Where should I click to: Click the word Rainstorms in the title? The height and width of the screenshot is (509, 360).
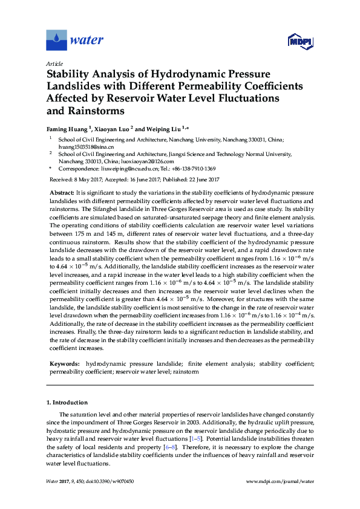coord(96,111)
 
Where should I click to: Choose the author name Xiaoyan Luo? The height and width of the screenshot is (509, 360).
coord(112,129)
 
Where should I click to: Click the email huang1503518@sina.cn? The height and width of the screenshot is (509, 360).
coord(77,147)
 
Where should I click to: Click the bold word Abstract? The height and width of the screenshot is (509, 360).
coord(61,192)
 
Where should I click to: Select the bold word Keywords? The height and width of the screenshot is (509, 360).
coord(64,364)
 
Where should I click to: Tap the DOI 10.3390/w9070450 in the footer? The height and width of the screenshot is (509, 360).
coord(110,481)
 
